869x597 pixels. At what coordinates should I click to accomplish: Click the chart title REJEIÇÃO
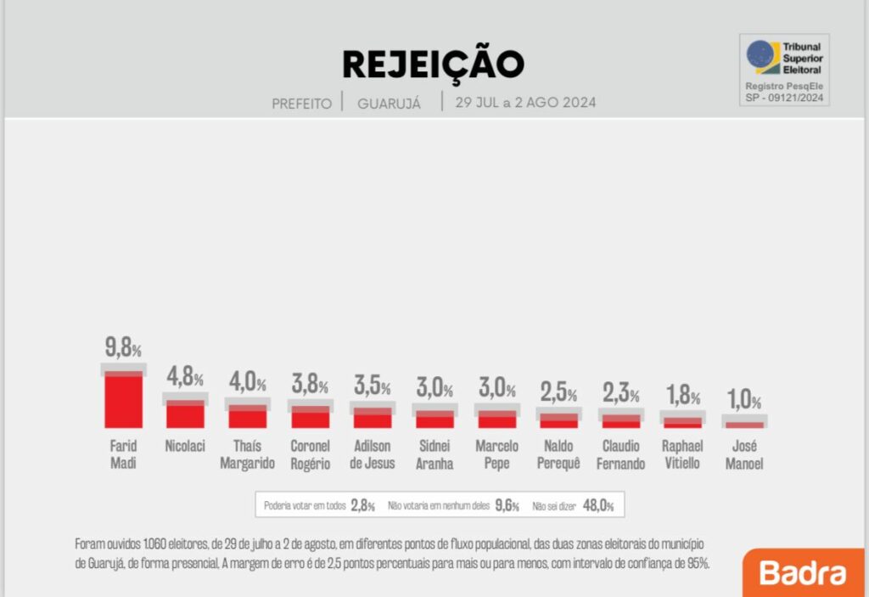(433, 64)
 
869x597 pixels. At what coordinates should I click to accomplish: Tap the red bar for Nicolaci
(185, 414)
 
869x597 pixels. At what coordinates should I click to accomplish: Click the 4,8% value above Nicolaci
(185, 376)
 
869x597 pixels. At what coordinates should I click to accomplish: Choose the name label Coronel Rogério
(310, 454)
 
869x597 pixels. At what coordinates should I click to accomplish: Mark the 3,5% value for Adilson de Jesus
(373, 387)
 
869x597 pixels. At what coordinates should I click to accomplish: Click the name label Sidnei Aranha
(434, 454)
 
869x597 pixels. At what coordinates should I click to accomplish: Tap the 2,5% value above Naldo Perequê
(559, 393)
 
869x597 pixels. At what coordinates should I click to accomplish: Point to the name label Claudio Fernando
(621, 454)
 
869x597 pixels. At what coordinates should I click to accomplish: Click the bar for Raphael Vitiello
(683, 421)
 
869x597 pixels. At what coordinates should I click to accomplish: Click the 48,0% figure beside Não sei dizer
(597, 505)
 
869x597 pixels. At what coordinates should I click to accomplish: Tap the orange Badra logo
(803, 572)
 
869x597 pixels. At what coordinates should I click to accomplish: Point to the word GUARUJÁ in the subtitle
(390, 104)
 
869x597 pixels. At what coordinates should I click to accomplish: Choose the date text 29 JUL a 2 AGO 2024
(525, 103)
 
